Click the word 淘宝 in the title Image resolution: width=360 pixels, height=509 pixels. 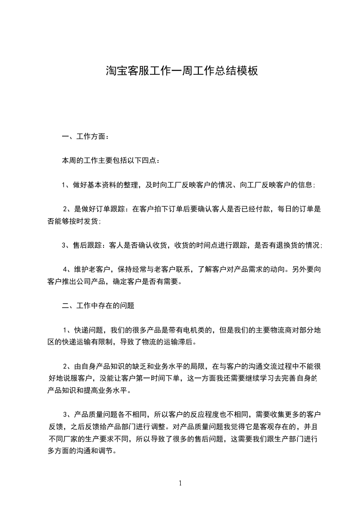pyautogui.click(x=117, y=71)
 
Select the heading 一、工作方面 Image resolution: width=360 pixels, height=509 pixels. pyautogui.click(x=85, y=136)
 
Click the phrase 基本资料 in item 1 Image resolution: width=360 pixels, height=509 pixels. pyautogui.click(x=102, y=185)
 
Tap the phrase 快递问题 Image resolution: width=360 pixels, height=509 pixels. pyautogui.click(x=88, y=330)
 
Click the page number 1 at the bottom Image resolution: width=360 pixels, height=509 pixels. pyautogui.click(x=180, y=484)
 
